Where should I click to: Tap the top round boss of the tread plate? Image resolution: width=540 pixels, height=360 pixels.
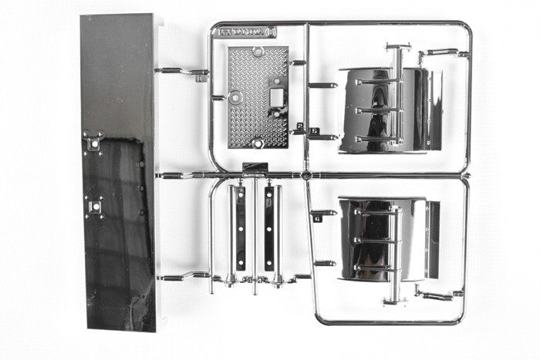coord(258,53)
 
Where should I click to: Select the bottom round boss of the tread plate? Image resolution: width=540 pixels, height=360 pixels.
coord(258,143)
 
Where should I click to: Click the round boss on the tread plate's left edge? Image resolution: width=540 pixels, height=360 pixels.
coord(235,97)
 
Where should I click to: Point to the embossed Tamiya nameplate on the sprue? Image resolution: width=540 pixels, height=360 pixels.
coord(245,32)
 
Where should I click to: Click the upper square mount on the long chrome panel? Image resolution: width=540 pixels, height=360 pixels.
coord(94,143)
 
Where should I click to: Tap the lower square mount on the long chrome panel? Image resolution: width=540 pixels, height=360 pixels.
coord(94,207)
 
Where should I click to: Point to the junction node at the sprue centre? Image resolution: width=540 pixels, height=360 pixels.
coord(306,176)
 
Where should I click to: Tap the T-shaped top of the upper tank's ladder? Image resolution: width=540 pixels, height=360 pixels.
coord(397,48)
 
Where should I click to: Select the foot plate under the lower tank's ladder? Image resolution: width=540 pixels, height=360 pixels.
coord(395,301)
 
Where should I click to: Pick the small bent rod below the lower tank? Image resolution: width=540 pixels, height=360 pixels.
coord(437,294)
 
